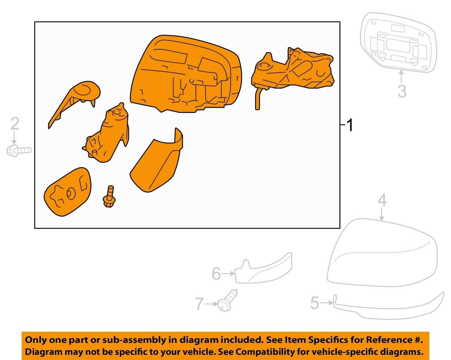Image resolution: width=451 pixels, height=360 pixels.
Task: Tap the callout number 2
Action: pyautogui.click(x=15, y=124)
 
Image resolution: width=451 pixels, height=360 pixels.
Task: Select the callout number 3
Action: pyautogui.click(x=402, y=91)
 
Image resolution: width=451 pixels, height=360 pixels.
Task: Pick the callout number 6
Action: pyautogui.click(x=216, y=273)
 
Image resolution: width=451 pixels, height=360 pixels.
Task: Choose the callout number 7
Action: pyautogui.click(x=199, y=304)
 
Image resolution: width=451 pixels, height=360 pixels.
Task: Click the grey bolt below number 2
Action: pyautogui.click(x=19, y=150)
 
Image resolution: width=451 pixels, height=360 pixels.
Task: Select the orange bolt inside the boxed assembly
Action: pyautogui.click(x=109, y=197)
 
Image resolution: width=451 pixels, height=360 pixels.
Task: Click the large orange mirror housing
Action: pyautogui.click(x=186, y=74)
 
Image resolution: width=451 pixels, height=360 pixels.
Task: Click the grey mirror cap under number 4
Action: pyautogui.click(x=382, y=253)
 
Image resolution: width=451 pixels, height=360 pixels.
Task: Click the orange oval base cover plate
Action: pyautogui.click(x=67, y=192)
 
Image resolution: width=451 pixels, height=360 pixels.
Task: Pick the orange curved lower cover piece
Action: pyautogui.click(x=156, y=160)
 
